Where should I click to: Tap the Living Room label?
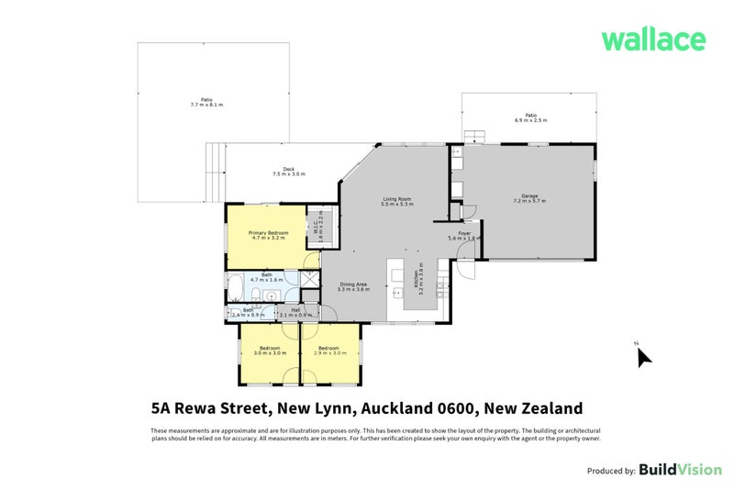click(396, 200)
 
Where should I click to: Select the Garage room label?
click(529, 197)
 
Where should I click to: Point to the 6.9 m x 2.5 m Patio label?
click(530, 117)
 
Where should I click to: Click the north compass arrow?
click(644, 356)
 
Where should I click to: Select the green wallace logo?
click(652, 39)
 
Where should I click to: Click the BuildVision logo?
click(680, 470)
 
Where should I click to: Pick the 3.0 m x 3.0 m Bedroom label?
click(269, 350)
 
